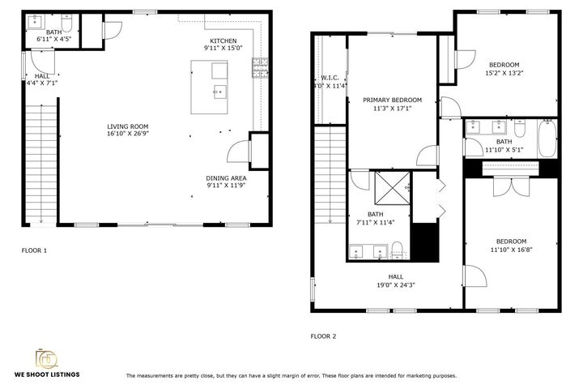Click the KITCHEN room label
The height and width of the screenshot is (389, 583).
click(223, 41)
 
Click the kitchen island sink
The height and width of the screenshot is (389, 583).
click(219, 92)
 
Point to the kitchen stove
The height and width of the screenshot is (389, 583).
click(261, 69)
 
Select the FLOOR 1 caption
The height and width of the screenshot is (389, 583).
click(34, 250)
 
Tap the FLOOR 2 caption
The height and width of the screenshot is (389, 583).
click(323, 335)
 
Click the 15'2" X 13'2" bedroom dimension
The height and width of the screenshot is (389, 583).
click(504, 72)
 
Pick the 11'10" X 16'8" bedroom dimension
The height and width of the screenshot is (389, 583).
click(511, 249)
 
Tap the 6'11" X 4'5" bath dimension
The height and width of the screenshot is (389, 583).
click(53, 38)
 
